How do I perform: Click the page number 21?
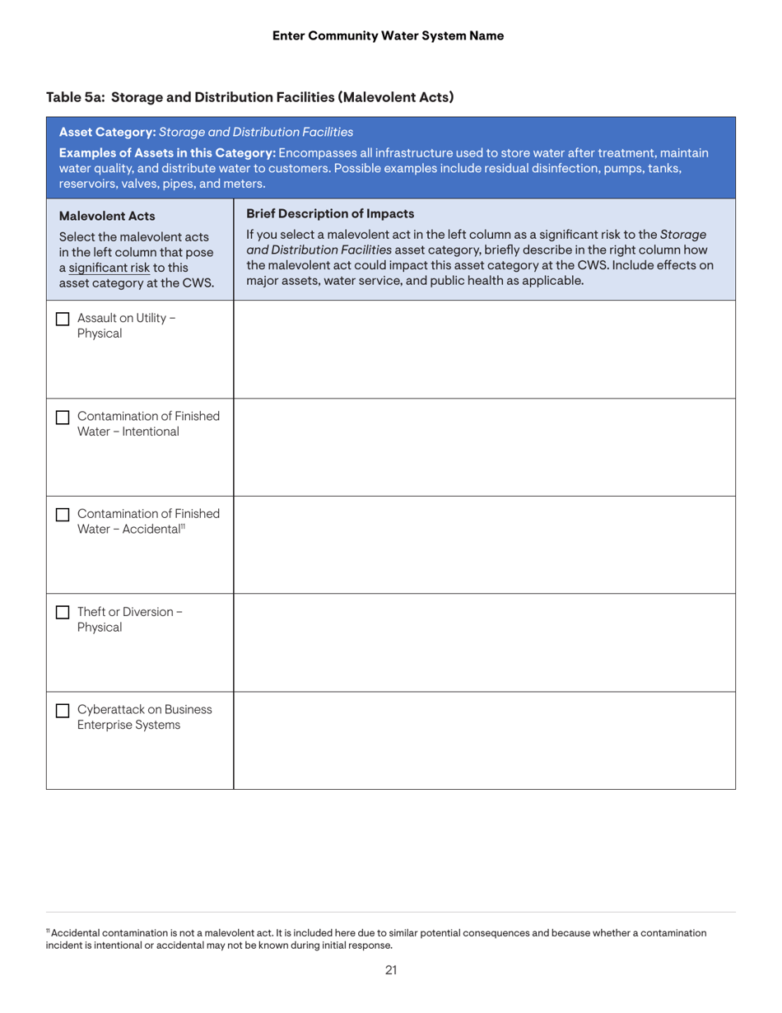click(x=391, y=969)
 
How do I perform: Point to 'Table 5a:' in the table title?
click(x=75, y=96)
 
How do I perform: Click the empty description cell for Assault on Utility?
click(x=484, y=349)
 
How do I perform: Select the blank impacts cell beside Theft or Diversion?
click(x=484, y=642)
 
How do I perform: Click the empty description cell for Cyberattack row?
click(x=484, y=740)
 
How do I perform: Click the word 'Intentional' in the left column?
click(x=147, y=431)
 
